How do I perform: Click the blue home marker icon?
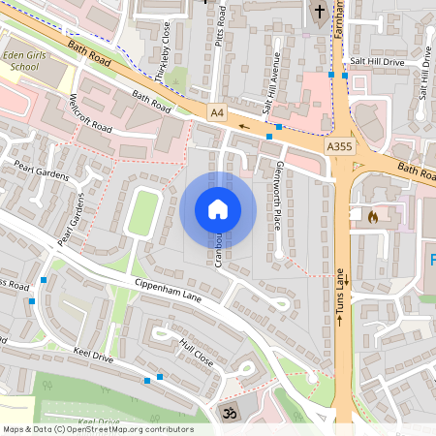point(217,208)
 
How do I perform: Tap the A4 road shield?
point(216,113)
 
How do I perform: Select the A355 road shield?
point(338,146)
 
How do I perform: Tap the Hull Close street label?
point(195,351)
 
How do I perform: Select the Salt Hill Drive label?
point(377,62)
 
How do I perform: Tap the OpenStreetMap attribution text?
point(98,429)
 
